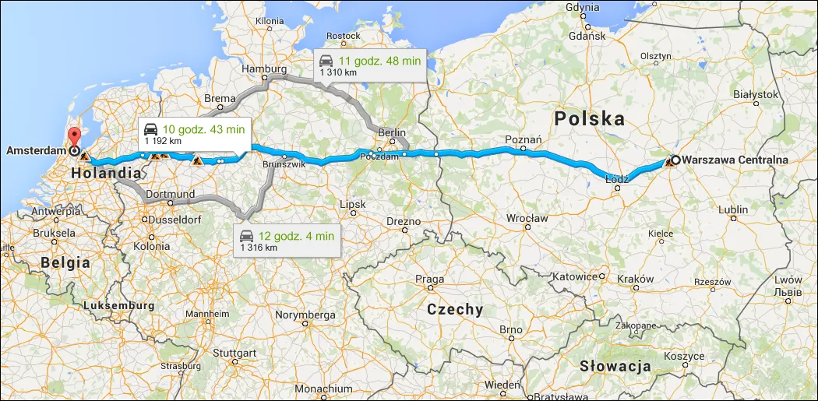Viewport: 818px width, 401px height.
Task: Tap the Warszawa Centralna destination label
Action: (x=735, y=160)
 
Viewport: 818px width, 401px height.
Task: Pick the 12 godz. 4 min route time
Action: (x=297, y=235)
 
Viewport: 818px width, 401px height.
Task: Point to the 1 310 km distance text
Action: (x=339, y=72)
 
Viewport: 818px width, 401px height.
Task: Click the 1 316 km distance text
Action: (x=259, y=248)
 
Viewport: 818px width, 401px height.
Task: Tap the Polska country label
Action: (x=590, y=119)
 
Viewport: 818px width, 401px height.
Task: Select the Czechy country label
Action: (x=455, y=309)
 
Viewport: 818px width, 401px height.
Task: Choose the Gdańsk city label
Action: (x=587, y=36)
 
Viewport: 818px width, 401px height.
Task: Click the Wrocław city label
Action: (x=527, y=218)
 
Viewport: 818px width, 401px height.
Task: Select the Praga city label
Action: (x=430, y=280)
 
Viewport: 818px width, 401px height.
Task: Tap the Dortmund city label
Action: (x=170, y=193)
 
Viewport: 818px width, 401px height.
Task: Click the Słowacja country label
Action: (x=615, y=366)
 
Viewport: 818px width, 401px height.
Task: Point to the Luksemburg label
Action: (x=122, y=306)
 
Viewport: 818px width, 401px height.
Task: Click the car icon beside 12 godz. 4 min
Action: (x=246, y=235)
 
